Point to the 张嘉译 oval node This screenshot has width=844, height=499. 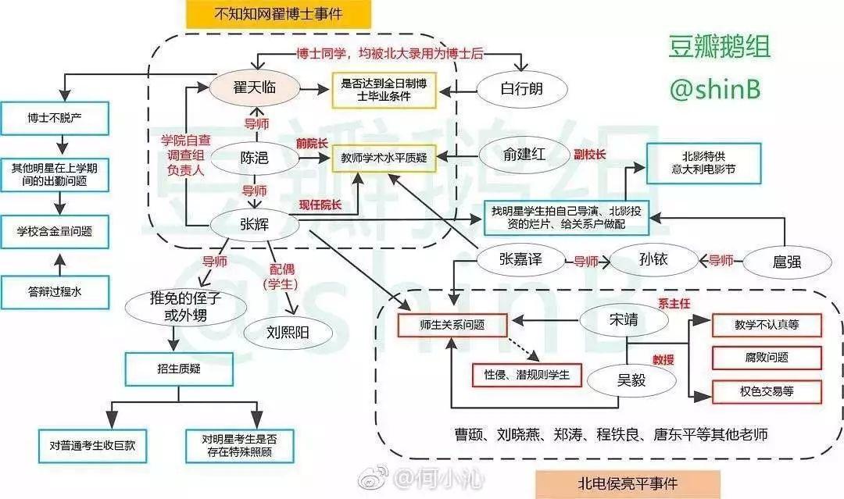tap(520, 260)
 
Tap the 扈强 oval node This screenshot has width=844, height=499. tap(783, 261)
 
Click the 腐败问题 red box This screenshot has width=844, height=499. tap(767, 357)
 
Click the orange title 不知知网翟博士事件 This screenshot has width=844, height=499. tap(277, 14)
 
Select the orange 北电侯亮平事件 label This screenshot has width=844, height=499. tap(628, 484)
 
